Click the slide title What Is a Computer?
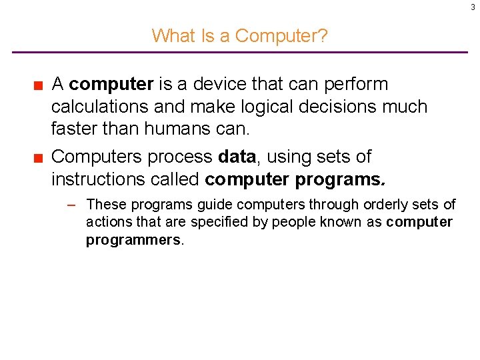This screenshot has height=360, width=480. point(239,35)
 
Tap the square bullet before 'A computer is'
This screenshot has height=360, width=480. point(39,85)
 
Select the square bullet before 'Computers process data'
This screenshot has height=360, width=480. point(39,157)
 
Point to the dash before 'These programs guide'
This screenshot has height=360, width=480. point(75,205)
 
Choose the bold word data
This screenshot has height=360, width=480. point(237,157)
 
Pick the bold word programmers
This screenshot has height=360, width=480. point(133,240)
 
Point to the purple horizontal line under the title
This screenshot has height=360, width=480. point(240,52)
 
